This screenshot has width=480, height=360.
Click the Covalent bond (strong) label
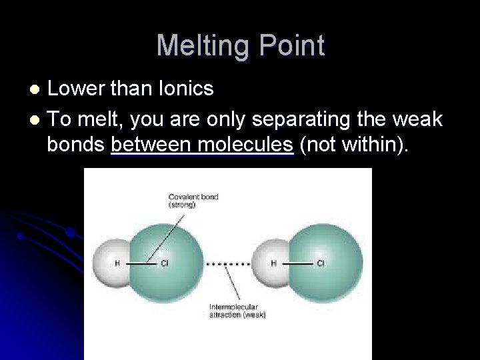pos(193,201)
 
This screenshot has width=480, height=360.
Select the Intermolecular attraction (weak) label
pos(238,311)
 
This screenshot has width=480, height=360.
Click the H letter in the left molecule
pos(117,263)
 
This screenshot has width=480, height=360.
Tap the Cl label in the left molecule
pos(165,263)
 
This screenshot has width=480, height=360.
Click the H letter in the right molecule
pos(273,263)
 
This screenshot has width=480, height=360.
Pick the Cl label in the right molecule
pos(321,263)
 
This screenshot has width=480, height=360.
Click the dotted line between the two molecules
pos(227,263)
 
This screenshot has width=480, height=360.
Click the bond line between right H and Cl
pos(296,263)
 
